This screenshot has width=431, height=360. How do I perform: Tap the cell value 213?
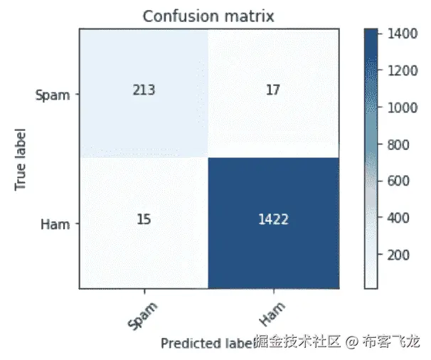click(143, 91)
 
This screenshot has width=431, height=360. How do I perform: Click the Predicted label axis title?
click(206, 344)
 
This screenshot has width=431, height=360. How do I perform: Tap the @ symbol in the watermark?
click(351, 342)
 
